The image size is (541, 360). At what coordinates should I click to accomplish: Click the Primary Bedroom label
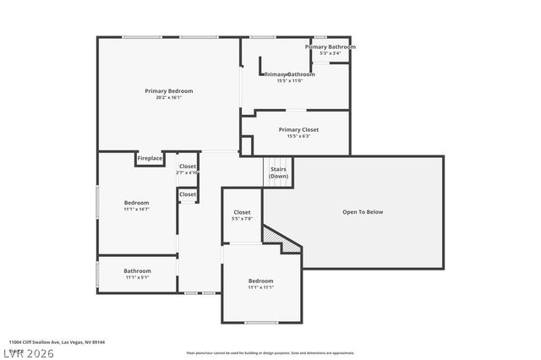(169, 90)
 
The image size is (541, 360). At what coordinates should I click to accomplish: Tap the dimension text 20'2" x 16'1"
(169, 97)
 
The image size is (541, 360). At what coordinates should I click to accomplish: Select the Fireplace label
(150, 158)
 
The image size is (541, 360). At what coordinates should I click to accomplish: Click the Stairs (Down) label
(279, 172)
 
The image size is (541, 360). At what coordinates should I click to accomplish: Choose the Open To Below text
(363, 212)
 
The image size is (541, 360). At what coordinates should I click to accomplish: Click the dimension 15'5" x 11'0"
(290, 81)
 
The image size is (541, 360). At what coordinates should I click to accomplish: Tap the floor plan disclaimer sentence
(270, 352)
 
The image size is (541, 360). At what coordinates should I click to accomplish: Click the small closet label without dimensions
(188, 194)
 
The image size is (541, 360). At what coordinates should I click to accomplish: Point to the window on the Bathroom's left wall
(98, 274)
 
